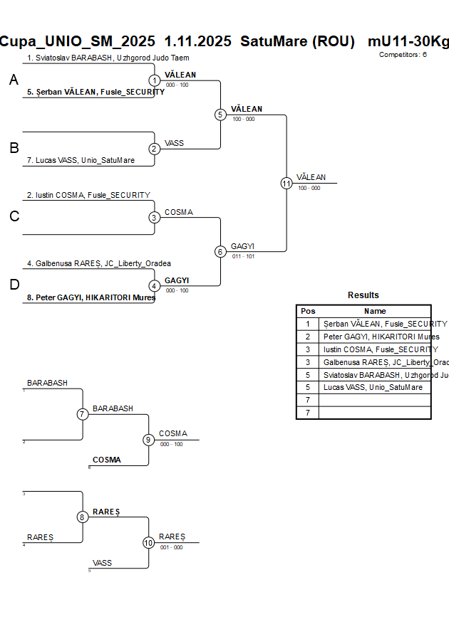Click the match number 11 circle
pyautogui.click(x=287, y=183)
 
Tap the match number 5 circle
pyautogui.click(x=220, y=115)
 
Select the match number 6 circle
pyautogui.click(x=220, y=251)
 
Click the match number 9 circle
pyautogui.click(x=148, y=440)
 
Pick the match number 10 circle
pyautogui.click(x=148, y=542)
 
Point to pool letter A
pyautogui.click(x=14, y=81)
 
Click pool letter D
pyautogui.click(x=14, y=285)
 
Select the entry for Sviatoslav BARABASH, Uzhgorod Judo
pyautogui.click(x=108, y=58)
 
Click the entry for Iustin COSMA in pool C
pyautogui.click(x=88, y=195)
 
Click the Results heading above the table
pyautogui.click(x=363, y=295)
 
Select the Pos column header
pyautogui.click(x=308, y=311)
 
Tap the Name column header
pyautogui.click(x=375, y=311)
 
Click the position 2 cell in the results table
pyautogui.click(x=308, y=337)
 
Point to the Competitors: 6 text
pyautogui.click(x=403, y=55)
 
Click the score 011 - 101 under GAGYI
pyautogui.click(x=242, y=256)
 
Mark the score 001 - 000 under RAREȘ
pyautogui.click(x=171, y=547)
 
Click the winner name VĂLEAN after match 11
pyautogui.click(x=311, y=177)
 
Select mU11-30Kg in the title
pyautogui.click(x=408, y=41)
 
